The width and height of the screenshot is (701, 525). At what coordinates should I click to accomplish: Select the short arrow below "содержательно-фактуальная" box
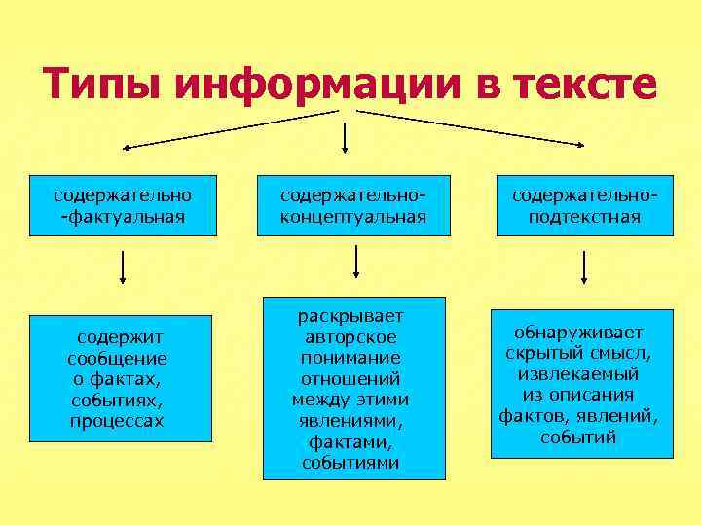(123, 266)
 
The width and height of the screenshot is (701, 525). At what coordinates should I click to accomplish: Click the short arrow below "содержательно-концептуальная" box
(357, 261)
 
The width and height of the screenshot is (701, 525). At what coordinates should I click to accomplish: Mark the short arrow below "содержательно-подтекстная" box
(584, 266)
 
